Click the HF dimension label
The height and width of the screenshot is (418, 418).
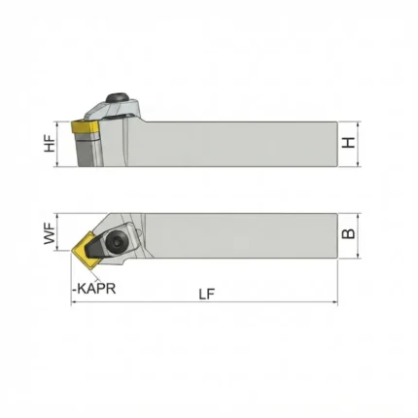(50, 144)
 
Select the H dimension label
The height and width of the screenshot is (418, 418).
(349, 143)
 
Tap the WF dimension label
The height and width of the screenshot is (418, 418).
(50, 232)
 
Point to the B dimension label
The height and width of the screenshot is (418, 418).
(349, 233)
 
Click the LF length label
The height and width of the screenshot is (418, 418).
(207, 295)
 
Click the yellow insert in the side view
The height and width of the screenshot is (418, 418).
(85, 127)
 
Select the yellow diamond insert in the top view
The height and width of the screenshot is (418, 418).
(85, 250)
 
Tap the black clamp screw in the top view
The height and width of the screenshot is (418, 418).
(116, 241)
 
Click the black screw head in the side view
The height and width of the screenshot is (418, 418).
(118, 97)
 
